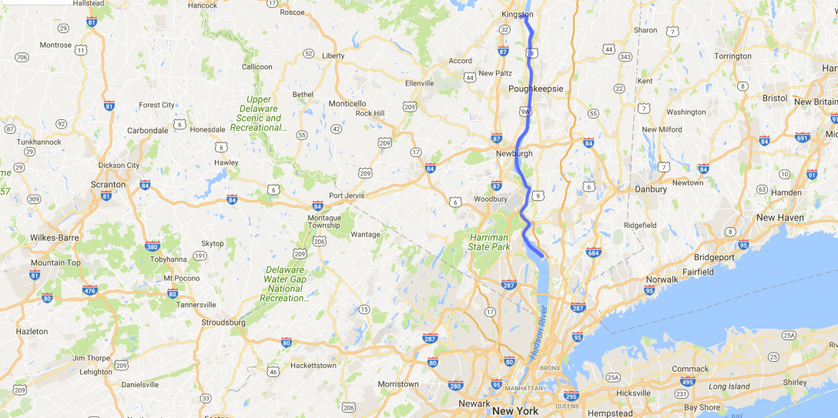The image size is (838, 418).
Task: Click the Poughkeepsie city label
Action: point(536,89)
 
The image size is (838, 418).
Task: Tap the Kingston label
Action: point(517,15)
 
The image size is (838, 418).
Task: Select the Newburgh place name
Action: point(514,154)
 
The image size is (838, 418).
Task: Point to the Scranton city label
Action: point(108,185)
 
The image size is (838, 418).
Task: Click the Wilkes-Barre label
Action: point(55,238)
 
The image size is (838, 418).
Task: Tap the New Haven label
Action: point(780,218)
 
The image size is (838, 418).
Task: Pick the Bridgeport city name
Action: point(714,257)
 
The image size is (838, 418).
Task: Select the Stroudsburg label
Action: point(223,323)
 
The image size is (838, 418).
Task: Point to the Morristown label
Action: point(398,384)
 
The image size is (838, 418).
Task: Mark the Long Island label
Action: point(729,386)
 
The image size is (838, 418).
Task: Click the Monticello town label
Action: point(347,104)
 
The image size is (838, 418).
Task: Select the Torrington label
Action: point(732,56)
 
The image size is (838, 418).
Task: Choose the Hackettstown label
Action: point(313,366)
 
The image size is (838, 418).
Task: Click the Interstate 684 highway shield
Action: point(593,252)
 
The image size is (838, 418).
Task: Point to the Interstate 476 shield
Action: point(90,290)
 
